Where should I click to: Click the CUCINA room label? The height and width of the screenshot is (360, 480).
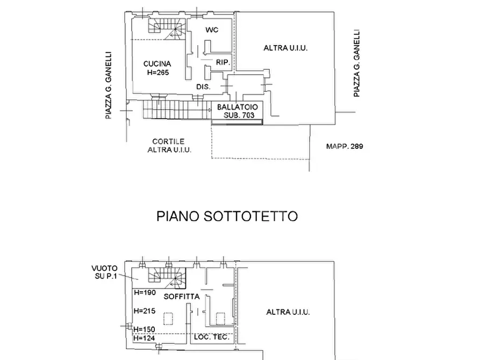157,64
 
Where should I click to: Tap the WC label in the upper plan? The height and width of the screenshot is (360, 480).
211,30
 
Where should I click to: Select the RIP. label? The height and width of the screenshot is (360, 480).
223,63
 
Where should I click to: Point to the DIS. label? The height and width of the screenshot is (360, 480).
203,86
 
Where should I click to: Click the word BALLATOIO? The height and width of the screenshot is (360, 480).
237,107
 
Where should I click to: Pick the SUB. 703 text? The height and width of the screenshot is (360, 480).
237,116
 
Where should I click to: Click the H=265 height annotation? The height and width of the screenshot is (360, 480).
157,72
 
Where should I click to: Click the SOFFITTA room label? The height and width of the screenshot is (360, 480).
182,297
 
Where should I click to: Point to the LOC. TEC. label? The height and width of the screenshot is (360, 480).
211,337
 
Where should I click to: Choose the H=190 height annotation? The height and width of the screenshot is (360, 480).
145,293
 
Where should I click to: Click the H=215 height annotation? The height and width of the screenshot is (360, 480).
145,311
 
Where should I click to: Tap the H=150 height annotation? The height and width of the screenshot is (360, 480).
145,329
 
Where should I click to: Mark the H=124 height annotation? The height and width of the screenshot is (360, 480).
145,338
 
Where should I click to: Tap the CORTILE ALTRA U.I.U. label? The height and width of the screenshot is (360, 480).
169,146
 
